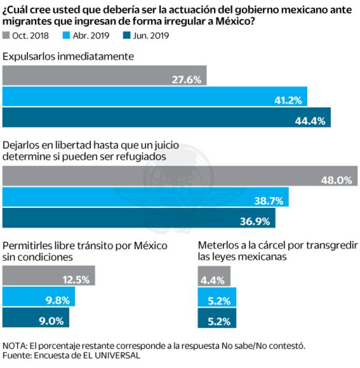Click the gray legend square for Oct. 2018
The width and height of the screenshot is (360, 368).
coord(7,36)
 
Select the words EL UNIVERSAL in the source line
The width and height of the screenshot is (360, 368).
coord(113,356)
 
